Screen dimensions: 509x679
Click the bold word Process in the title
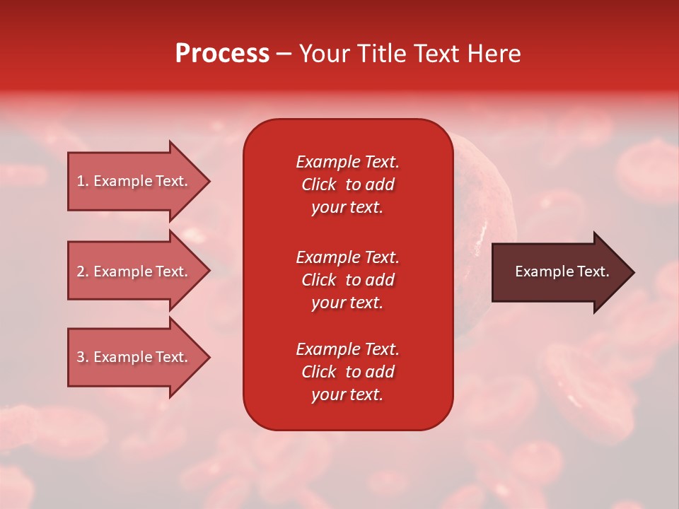click(222, 54)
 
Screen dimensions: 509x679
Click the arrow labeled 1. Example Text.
click(134, 181)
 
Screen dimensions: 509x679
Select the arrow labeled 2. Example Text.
click(134, 271)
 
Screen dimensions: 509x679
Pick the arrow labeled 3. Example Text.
click(134, 357)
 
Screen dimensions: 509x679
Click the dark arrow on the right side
click(559, 271)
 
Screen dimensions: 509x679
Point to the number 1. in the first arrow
click(83, 181)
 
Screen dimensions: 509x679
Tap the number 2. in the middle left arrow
click(83, 271)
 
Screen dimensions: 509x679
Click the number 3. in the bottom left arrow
click(83, 357)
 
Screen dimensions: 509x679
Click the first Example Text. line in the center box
click(347, 162)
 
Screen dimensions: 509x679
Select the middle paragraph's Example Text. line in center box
click(347, 257)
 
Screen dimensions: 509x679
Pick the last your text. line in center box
click(347, 394)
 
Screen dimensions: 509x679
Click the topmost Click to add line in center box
click(347, 185)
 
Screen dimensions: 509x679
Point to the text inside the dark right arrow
click(562, 271)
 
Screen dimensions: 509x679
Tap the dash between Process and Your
click(284, 54)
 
